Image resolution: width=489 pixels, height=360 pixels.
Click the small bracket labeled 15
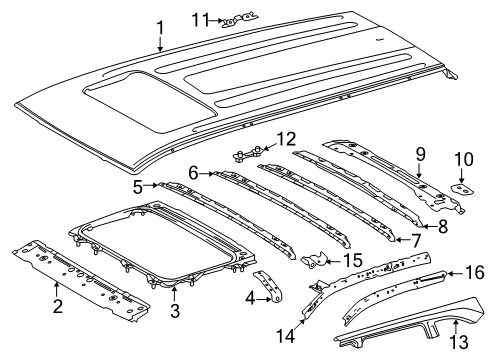click(x=318, y=262)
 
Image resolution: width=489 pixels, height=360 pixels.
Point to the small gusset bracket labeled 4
click(x=268, y=284)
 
